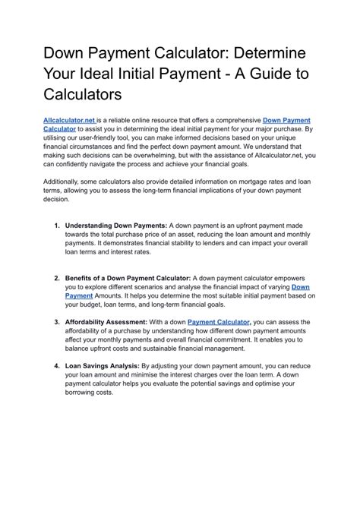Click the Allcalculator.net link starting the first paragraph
(70, 120)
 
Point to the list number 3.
(57, 322)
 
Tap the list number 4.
(57, 366)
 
